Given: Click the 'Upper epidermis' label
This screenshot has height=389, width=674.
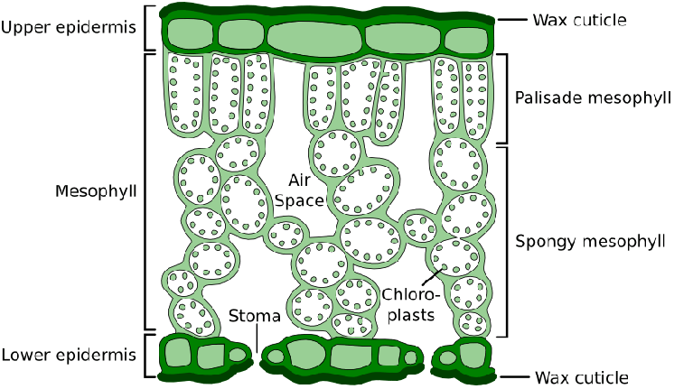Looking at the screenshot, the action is click(69, 28).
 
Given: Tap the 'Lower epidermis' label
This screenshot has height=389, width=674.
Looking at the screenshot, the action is click(69, 356).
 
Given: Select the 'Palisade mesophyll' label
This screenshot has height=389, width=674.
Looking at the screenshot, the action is click(593, 98).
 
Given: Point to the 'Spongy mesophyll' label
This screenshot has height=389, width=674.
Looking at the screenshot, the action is click(590, 242).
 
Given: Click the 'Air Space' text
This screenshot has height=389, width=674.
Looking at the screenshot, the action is click(299, 190).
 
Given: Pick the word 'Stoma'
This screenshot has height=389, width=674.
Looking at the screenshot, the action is click(255, 316).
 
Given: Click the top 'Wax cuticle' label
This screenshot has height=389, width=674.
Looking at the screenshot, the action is click(579, 20).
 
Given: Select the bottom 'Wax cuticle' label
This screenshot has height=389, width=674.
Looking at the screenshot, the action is click(582, 378).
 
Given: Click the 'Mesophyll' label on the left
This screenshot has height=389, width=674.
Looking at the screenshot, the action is click(96, 191).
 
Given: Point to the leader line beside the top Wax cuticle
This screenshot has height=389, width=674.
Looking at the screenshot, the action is click(512, 20).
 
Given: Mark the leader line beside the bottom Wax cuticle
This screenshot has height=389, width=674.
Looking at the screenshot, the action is click(515, 377).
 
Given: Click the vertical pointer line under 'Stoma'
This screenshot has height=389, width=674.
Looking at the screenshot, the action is click(257, 338).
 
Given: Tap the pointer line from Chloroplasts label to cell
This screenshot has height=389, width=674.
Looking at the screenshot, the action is click(432, 277).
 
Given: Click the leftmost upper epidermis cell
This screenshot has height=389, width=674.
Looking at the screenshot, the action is click(191, 34).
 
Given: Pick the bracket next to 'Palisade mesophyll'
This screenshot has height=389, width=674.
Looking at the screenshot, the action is click(503, 98).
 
